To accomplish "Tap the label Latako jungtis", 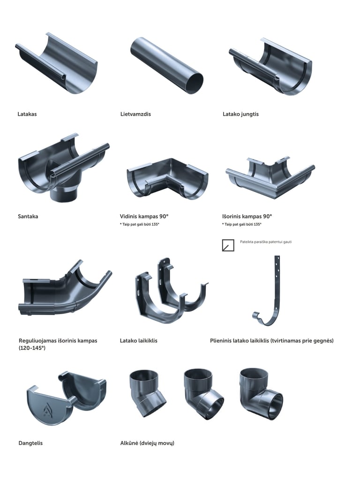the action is (x=240, y=114).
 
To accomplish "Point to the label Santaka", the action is (x=28, y=217).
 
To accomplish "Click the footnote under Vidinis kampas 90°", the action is (x=140, y=225).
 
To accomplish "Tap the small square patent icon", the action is (x=228, y=245).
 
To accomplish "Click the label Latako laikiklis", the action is (x=139, y=340).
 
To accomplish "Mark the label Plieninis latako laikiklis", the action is (x=271, y=340).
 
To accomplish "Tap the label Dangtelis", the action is (x=30, y=443).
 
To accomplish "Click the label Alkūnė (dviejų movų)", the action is (x=147, y=443).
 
